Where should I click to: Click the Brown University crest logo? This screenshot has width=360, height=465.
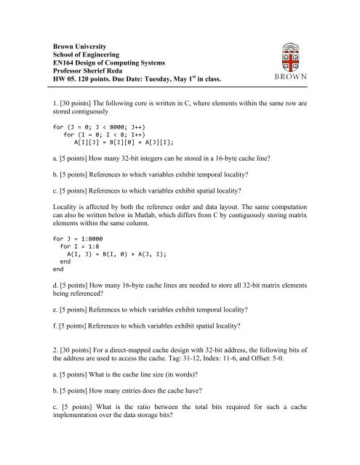point(300,62)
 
